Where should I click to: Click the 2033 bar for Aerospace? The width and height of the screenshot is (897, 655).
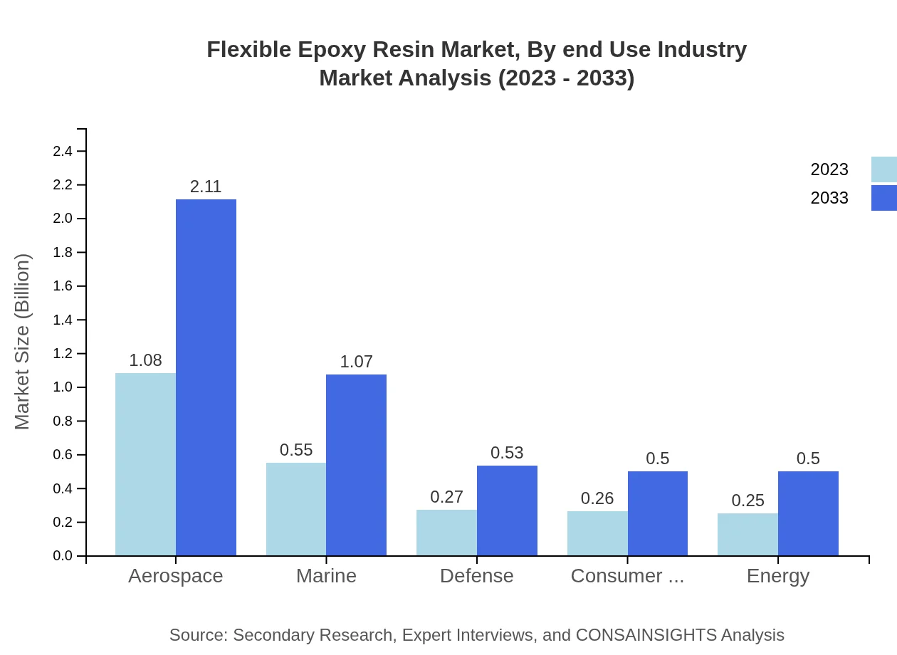point(206,377)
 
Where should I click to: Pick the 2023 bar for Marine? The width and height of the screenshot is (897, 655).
point(296,509)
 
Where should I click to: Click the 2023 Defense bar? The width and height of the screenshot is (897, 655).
point(446,533)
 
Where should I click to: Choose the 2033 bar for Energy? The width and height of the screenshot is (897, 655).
point(808,513)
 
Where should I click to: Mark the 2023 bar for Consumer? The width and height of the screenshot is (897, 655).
point(597,533)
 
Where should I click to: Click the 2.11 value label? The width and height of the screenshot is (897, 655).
point(206,187)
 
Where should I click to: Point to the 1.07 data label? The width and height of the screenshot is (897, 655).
point(356,362)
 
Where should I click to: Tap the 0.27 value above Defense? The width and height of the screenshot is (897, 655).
point(446,497)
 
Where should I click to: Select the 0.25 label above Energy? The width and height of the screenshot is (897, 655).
point(747,501)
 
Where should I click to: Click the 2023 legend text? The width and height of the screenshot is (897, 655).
point(829,169)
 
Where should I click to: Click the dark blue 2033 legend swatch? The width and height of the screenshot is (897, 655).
point(883,198)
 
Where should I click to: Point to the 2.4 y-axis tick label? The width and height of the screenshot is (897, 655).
point(63,152)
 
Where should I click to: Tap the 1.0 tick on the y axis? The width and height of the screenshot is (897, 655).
point(63,387)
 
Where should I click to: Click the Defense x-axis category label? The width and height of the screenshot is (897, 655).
point(476,576)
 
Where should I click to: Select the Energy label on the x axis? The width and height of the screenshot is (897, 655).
point(777,576)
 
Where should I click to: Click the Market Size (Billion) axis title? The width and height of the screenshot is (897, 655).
point(23,342)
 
